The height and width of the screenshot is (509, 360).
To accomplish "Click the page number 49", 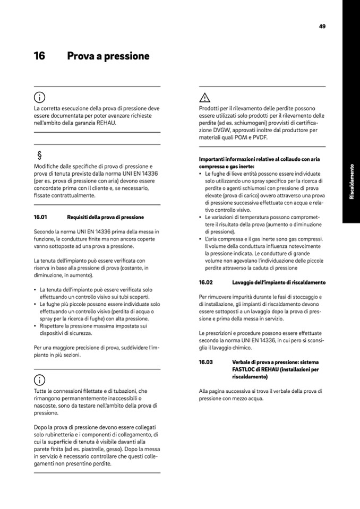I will [322, 26].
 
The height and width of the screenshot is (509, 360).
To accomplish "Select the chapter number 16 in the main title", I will [39, 56].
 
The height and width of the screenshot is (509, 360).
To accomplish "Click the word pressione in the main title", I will [125, 56].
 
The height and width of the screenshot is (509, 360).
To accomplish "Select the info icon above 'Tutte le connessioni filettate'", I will [39, 380].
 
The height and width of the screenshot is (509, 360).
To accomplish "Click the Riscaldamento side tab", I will [351, 182].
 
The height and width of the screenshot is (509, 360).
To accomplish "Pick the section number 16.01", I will [40, 217].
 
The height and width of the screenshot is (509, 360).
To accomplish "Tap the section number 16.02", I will [205, 282].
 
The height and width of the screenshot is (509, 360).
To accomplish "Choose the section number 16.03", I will [205, 362].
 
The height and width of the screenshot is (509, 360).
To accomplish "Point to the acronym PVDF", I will [259, 137].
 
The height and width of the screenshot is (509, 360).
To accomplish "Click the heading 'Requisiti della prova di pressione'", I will [105, 217].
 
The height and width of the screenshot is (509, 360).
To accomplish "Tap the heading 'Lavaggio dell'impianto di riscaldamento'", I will [279, 282].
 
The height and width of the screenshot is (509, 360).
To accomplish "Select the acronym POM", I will [242, 137].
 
